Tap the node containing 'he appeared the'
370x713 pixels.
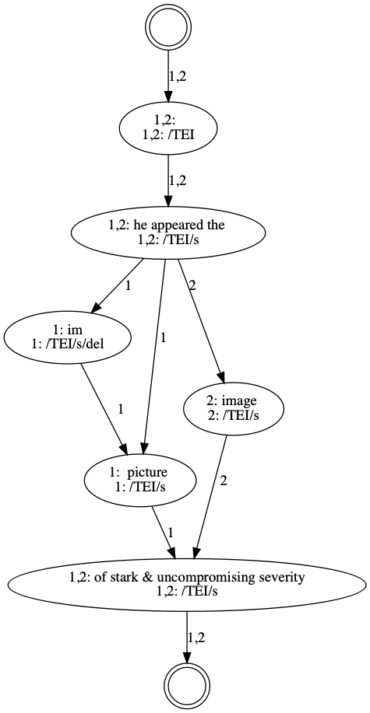click(168, 232)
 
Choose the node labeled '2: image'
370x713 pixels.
click(234, 409)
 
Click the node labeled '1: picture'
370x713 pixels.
click(140, 480)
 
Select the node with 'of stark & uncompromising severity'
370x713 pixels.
click(187, 583)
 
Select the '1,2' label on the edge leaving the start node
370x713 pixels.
click(178, 76)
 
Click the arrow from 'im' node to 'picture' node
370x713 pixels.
click(104, 407)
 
